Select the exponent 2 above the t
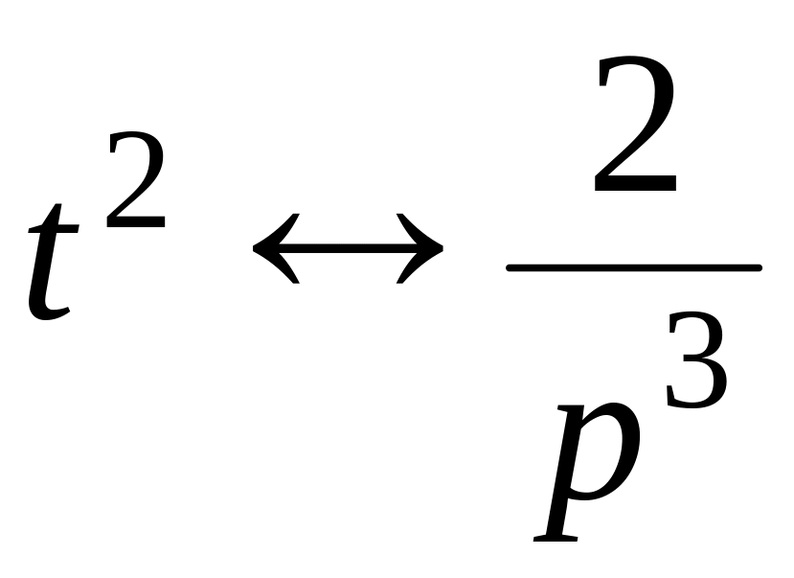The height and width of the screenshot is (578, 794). (136, 182)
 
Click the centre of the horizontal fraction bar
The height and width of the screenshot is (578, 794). (634, 267)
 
